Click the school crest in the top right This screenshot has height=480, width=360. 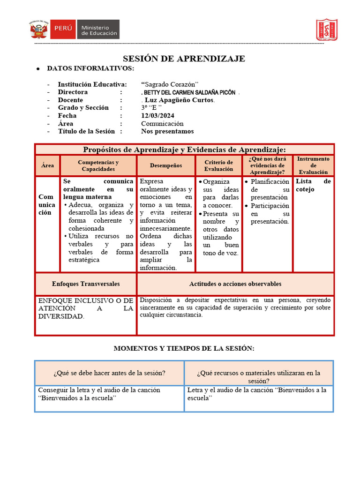326,30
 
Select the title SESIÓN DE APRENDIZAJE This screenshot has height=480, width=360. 184,59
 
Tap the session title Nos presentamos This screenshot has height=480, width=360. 167,132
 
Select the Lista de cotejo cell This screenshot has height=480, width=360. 313,186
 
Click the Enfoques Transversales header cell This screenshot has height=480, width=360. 86,284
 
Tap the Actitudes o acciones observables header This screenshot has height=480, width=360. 235,284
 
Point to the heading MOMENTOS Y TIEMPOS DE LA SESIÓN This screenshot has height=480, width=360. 184,349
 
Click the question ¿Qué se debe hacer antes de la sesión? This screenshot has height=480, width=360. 109,373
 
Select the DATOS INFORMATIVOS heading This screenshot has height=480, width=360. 90,69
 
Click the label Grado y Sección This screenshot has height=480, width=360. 83,108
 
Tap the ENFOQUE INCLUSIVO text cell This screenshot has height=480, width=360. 86,308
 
